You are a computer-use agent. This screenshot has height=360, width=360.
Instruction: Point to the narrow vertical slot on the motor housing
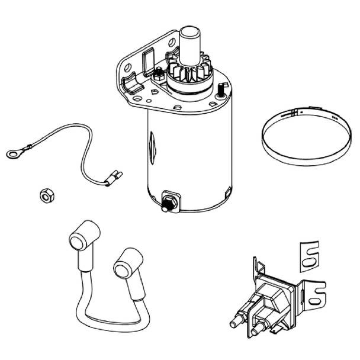[152, 142]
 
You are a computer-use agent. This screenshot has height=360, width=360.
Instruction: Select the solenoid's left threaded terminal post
[234, 323]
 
